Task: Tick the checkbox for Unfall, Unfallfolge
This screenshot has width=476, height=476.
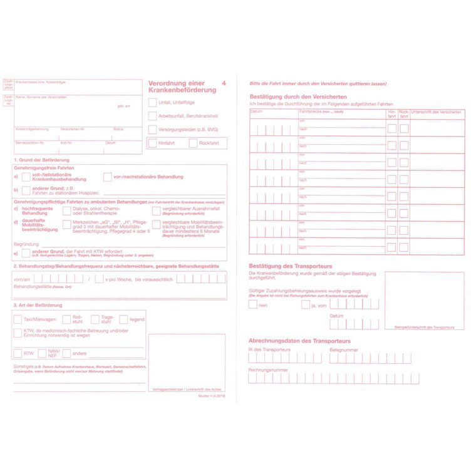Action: pos(152,102)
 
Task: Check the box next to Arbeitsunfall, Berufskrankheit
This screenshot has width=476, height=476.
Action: pos(152,116)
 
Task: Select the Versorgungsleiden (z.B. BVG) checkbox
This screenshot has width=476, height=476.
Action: pos(152,130)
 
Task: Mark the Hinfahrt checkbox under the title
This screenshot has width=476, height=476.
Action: pos(152,143)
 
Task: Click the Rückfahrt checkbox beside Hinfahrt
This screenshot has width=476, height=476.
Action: pos(193,143)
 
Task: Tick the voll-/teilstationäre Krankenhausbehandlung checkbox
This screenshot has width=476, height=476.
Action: pos(26,177)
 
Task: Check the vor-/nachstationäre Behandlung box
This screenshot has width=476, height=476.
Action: pos(107,177)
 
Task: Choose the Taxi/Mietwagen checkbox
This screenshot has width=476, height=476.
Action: pos(18,319)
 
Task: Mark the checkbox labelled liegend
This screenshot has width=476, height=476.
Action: pos(123,319)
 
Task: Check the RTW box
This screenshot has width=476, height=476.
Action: pos(18,353)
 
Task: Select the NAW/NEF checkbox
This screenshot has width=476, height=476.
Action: pos(42,353)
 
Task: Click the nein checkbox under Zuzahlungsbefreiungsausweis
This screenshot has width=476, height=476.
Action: pos(252,305)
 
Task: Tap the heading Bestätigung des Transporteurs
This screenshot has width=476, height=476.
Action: pos(290,266)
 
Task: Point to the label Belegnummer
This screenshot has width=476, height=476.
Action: pos(343,349)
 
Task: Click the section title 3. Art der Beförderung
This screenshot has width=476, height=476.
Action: pos(38,305)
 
